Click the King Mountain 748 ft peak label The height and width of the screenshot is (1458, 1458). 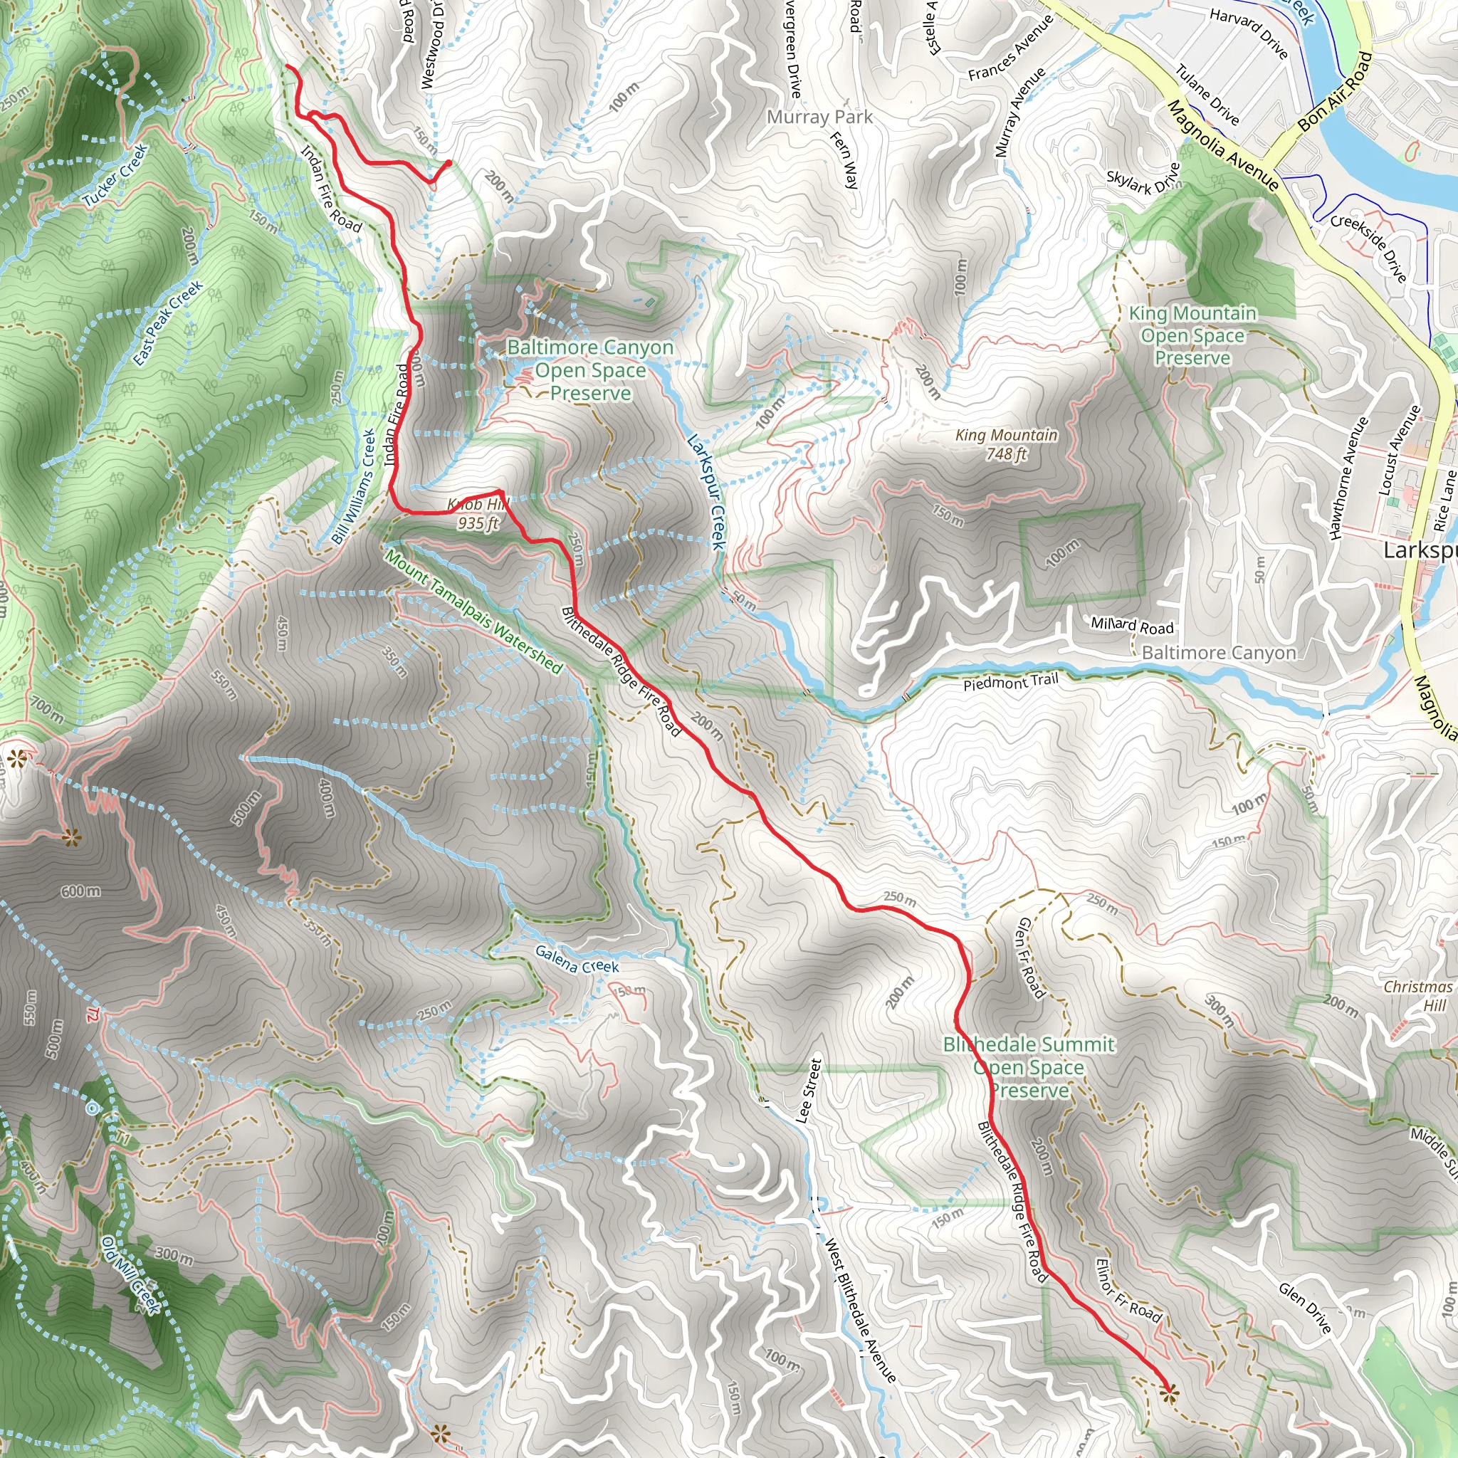coord(1006,444)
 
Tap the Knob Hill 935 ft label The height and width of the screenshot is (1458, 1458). coord(478,513)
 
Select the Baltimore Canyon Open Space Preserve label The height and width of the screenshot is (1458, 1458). coord(590,369)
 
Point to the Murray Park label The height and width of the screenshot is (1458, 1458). coord(819,117)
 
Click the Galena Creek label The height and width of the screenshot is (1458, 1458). coord(577,960)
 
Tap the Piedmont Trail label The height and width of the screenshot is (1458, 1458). coord(1010,682)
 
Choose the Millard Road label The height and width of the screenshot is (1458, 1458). coord(1132,625)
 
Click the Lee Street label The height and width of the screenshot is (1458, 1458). coord(809,1091)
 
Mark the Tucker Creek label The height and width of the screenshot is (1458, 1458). coord(115,176)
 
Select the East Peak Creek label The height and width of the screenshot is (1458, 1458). coord(167,323)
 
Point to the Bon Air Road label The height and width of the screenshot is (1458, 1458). coord(1334,91)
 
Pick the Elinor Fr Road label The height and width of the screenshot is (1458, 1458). coord(1128,1291)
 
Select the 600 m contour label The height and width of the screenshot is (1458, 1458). coord(80,891)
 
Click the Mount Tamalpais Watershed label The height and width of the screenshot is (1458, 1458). coord(474,612)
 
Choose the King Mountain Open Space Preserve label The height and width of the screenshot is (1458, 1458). coord(1193,335)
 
